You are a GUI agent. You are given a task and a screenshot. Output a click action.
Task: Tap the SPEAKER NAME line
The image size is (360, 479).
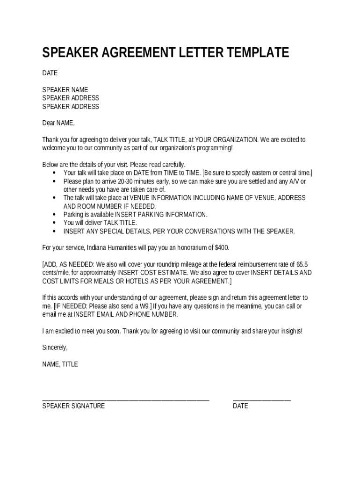click(x=65, y=90)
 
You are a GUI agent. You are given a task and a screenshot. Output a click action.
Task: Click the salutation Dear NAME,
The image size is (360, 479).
click(x=58, y=123)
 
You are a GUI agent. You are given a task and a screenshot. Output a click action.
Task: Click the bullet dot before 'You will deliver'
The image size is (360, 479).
click(x=54, y=223)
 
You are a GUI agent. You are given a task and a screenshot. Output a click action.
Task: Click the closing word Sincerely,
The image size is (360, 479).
click(x=55, y=348)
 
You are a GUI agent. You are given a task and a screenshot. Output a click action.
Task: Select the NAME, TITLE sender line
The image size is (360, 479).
click(x=60, y=364)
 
